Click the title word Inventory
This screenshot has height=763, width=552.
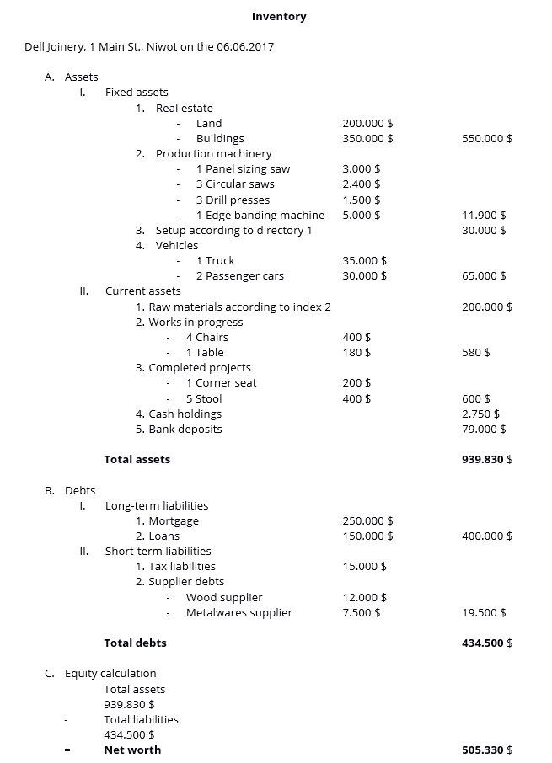[x=279, y=17]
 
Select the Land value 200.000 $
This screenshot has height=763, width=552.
[x=367, y=124]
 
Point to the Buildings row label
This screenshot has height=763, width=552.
[x=220, y=139]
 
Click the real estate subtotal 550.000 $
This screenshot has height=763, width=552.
[x=487, y=139]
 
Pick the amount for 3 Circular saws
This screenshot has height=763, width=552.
[x=361, y=184]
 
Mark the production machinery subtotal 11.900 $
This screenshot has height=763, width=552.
[x=484, y=216]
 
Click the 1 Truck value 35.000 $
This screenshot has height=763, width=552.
[x=364, y=261]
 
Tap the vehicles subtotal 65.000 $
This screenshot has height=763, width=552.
[x=484, y=276]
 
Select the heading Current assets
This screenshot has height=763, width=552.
[x=142, y=291]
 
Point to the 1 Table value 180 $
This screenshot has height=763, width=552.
[x=356, y=353]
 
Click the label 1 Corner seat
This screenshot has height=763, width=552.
[x=221, y=383]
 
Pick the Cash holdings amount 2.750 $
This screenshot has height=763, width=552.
[x=480, y=414]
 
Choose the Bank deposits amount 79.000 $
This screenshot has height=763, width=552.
[x=484, y=430]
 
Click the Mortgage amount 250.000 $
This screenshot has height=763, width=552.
[x=367, y=521]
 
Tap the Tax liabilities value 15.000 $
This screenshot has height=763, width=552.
[x=364, y=567]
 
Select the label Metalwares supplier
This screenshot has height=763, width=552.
[x=238, y=613]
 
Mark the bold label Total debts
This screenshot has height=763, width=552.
[x=135, y=643]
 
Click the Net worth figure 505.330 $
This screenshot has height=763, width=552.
[x=487, y=750]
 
